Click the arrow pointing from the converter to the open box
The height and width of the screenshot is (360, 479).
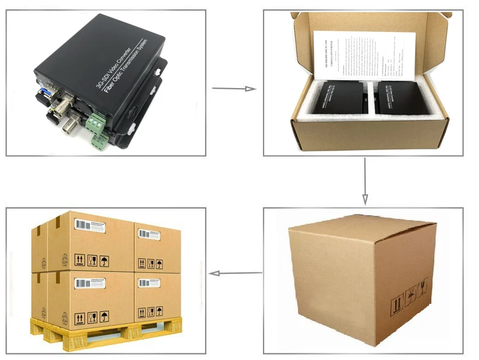point(234,89)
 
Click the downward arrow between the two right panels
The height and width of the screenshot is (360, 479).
point(364,182)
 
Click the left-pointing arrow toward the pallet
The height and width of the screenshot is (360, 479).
point(235,273)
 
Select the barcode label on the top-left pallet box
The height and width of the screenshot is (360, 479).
point(91,224)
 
